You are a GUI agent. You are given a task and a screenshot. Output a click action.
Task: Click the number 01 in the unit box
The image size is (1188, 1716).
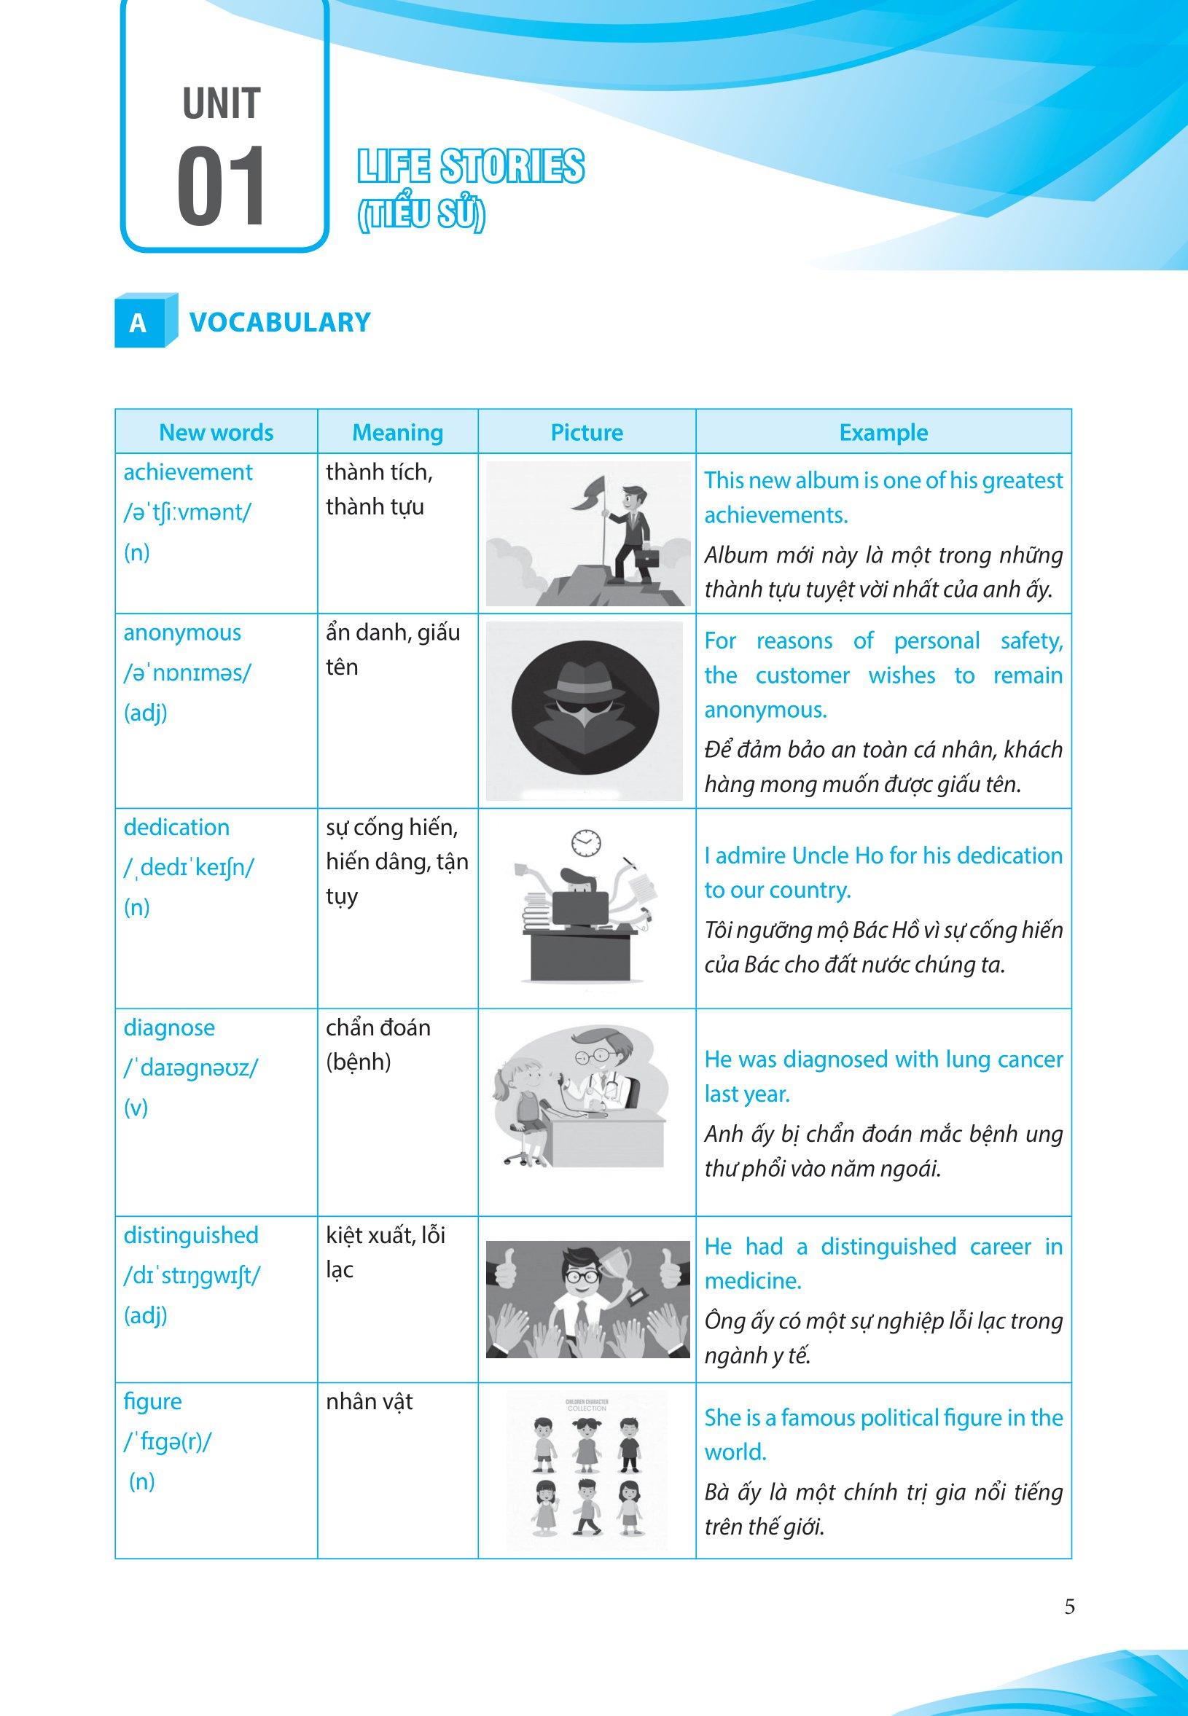pos(221,187)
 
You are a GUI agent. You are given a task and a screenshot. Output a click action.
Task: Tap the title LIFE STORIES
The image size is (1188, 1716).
pos(470,167)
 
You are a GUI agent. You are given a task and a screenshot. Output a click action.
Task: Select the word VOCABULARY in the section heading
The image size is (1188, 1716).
pos(280,322)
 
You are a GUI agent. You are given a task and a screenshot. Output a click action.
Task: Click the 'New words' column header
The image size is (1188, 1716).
pos(216,433)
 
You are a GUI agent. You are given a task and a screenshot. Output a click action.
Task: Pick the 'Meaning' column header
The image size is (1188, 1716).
pos(397,433)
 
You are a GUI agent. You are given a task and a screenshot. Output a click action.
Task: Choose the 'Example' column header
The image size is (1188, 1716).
pos(883,433)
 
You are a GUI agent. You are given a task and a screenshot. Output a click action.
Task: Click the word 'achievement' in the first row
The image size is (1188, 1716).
pos(187,472)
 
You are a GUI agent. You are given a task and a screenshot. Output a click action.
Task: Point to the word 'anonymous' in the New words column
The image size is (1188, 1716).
pos(182,633)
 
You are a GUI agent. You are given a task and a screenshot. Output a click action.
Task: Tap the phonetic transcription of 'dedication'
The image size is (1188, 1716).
pos(188,868)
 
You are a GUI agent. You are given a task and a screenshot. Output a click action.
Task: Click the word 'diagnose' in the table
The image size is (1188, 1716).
pos(169,1028)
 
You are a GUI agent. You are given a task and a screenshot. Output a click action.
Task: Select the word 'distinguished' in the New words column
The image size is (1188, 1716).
pos(190,1236)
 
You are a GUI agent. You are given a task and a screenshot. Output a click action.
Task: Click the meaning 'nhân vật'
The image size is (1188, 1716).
pos(370,1402)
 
